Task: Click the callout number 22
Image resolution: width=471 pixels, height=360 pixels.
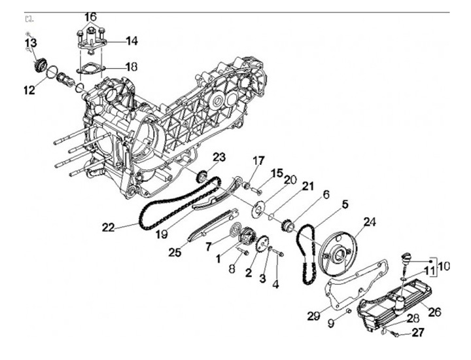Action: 108,227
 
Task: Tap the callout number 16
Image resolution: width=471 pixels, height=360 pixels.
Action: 90,16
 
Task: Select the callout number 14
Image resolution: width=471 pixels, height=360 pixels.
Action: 131,41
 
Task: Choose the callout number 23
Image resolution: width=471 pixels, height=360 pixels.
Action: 218,157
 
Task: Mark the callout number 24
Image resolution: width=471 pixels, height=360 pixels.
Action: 371,222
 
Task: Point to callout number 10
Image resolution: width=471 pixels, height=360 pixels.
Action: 445,266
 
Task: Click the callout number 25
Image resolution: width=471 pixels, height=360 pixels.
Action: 174,251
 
